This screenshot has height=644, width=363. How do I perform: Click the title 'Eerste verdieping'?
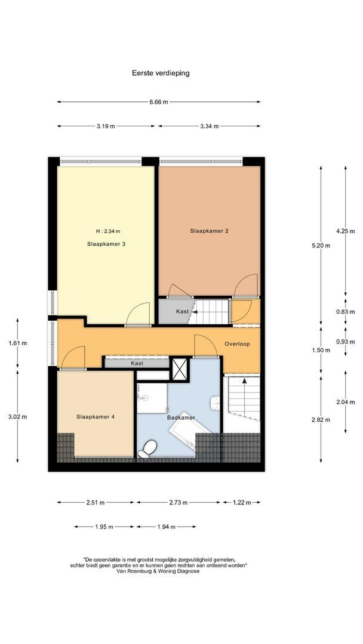click(x=161, y=73)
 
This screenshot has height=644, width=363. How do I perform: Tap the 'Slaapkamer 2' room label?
click(x=210, y=231)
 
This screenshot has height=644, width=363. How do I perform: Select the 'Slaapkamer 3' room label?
click(x=106, y=243)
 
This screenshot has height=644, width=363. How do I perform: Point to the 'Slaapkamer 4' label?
click(x=95, y=417)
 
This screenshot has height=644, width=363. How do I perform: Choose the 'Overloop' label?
click(x=237, y=344)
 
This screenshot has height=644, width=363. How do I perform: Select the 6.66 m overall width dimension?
click(x=158, y=102)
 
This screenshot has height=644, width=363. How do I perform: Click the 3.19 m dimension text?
click(x=105, y=126)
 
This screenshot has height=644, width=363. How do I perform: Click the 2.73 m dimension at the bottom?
click(x=179, y=503)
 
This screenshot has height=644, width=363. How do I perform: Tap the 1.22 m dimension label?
click(x=242, y=503)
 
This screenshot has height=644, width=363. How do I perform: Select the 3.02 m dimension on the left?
click(x=18, y=417)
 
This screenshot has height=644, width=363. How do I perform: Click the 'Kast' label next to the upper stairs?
click(x=182, y=312)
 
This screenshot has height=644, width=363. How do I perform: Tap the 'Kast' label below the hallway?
click(x=137, y=363)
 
